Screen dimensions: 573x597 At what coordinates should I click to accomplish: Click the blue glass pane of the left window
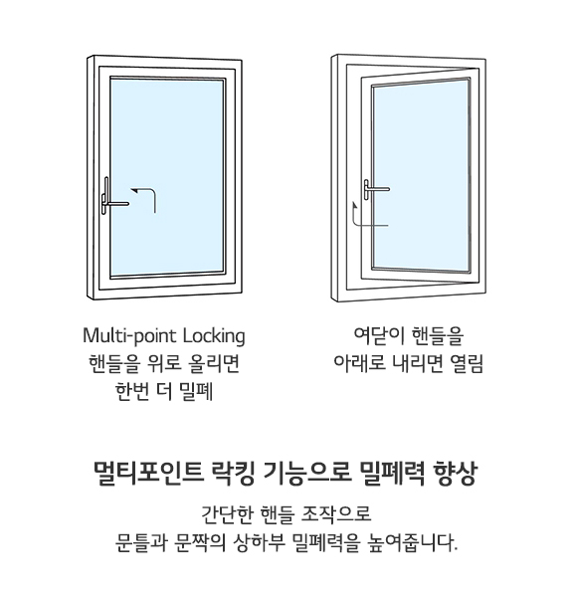click(167, 177)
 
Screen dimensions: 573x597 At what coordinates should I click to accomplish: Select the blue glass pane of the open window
click(421, 175)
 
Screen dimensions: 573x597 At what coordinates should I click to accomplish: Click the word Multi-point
click(130, 336)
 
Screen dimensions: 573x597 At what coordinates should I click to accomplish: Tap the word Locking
click(214, 336)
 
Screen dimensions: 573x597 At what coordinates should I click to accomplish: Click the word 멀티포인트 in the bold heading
click(148, 474)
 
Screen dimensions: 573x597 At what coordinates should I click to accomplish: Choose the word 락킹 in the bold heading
click(232, 474)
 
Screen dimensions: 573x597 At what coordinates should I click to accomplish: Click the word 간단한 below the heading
click(227, 514)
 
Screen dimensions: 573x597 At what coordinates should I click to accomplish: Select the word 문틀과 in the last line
click(141, 542)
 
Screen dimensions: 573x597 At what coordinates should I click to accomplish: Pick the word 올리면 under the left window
click(214, 363)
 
